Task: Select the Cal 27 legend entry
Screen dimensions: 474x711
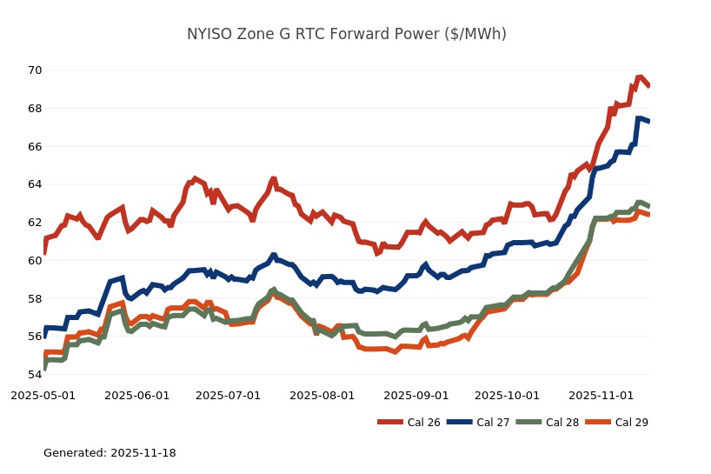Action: coord(479,423)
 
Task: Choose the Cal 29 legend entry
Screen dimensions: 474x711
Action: coord(618,423)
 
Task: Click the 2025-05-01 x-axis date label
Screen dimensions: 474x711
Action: coord(43,395)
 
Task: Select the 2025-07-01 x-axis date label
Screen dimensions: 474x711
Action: coord(229,395)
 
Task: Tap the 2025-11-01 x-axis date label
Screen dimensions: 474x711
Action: coord(602,395)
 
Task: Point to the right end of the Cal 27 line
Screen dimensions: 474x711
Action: coord(649,121)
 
